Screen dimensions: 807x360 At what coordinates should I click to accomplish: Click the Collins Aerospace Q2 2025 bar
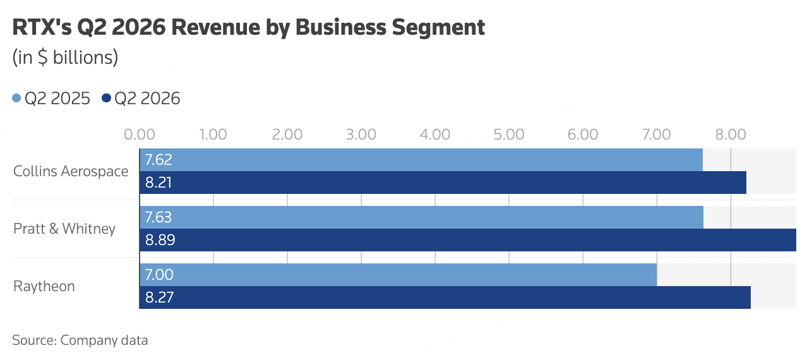click(x=421, y=160)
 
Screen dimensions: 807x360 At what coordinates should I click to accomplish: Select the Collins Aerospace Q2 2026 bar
click(x=443, y=183)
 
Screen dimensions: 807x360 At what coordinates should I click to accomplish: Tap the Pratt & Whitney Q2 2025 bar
click(x=422, y=217)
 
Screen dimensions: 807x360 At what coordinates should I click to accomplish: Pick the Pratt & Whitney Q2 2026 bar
click(x=468, y=240)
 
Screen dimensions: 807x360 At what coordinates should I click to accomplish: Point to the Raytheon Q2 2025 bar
click(x=398, y=275)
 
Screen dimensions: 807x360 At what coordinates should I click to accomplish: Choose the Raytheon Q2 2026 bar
click(x=445, y=297)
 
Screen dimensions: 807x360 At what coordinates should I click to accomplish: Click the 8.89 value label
click(x=160, y=240)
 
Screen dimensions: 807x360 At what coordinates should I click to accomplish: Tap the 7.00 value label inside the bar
click(x=159, y=275)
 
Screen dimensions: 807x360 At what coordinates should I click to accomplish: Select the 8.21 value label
click(x=158, y=183)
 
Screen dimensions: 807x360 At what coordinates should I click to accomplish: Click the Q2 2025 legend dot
click(x=16, y=98)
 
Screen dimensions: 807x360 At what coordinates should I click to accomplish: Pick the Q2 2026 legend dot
click(x=106, y=98)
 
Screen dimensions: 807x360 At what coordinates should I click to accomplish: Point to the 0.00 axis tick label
click(x=140, y=135)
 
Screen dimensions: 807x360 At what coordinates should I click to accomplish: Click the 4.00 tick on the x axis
click(x=435, y=135)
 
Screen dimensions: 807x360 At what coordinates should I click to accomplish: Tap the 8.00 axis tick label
click(x=731, y=135)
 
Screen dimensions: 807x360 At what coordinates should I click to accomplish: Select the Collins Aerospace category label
click(x=71, y=172)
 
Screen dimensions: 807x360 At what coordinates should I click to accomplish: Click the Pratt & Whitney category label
click(x=64, y=229)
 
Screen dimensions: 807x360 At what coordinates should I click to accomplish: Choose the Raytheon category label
click(x=44, y=287)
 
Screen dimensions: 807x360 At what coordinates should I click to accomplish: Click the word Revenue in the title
click(x=215, y=27)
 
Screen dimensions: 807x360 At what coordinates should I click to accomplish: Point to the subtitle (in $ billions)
click(x=65, y=57)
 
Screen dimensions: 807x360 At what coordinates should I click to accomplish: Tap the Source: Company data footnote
click(x=80, y=340)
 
